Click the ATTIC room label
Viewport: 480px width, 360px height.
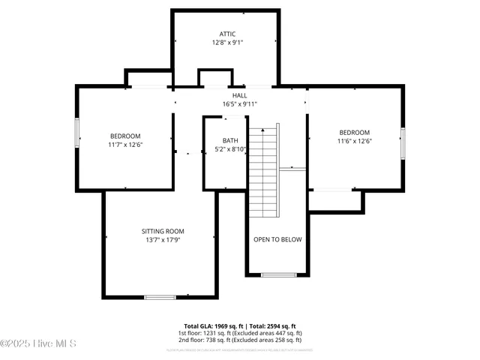[227, 34]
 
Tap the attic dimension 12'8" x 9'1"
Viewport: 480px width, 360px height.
[227, 43]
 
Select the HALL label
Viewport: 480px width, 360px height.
[239, 95]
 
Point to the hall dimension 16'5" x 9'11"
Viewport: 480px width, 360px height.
[239, 104]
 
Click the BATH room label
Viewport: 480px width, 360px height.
[230, 140]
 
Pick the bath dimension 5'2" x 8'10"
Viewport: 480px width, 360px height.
[230, 149]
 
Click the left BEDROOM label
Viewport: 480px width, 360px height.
[125, 136]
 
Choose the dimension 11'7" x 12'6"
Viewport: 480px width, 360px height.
[125, 145]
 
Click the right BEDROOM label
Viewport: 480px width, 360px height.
[355, 132]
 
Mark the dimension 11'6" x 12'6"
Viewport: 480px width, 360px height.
[355, 141]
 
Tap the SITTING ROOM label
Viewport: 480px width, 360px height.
[163, 231]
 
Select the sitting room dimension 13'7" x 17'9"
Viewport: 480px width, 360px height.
[163, 240]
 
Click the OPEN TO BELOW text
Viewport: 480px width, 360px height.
[277, 239]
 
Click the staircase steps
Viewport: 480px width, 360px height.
[263, 169]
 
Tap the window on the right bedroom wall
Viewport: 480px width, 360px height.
[403, 143]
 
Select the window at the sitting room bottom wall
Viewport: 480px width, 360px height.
[160, 298]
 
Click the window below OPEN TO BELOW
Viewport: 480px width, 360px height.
[277, 275]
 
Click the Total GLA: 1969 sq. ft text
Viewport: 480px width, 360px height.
[208, 326]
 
